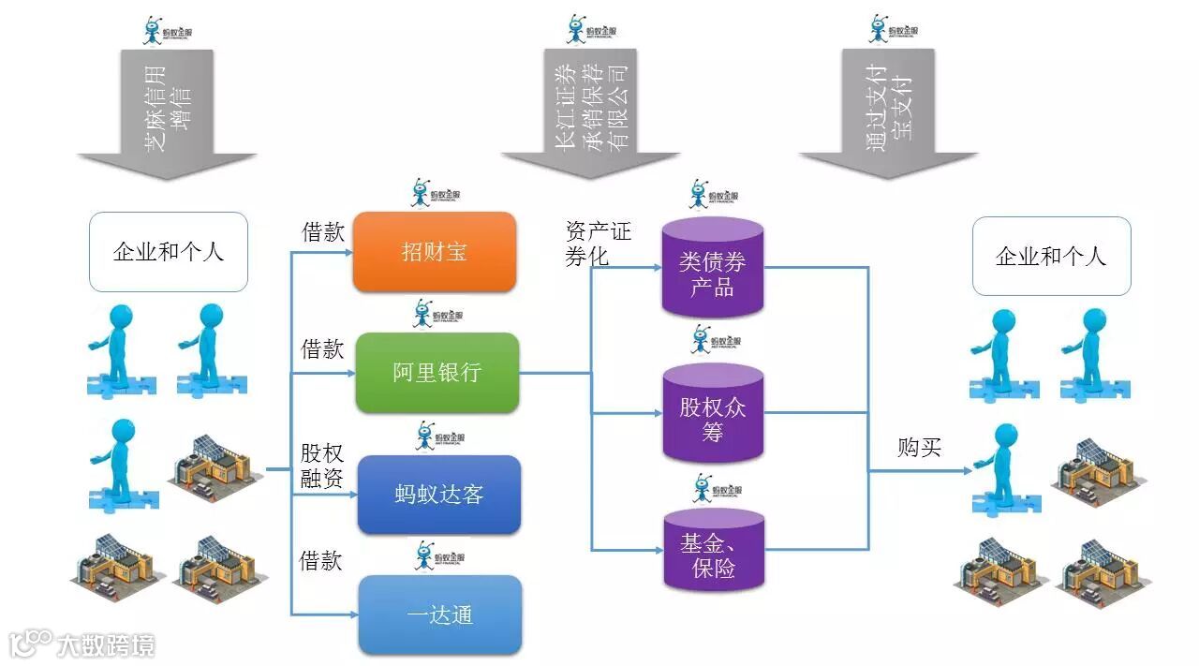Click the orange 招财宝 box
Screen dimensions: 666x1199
[434, 251]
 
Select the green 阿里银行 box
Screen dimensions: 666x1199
[437, 372]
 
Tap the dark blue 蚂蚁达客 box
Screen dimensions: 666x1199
[438, 494]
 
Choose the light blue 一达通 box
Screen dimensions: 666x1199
[439, 614]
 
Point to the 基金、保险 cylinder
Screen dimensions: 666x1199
[714, 553]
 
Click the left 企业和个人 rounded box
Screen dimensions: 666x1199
[169, 252]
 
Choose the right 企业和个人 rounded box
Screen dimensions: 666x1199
[1051, 256]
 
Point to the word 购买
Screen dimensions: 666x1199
[919, 448]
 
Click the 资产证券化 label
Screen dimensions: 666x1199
[598, 243]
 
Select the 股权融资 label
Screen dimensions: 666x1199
[322, 466]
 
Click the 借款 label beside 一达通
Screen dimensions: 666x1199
[320, 560]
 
